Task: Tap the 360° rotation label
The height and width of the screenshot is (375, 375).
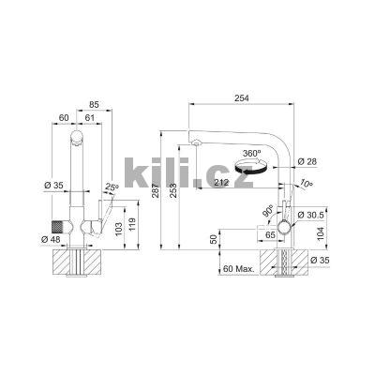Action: click(251, 152)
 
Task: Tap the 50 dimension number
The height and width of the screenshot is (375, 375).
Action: click(213, 241)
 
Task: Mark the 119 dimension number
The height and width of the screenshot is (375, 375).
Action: click(131, 223)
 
